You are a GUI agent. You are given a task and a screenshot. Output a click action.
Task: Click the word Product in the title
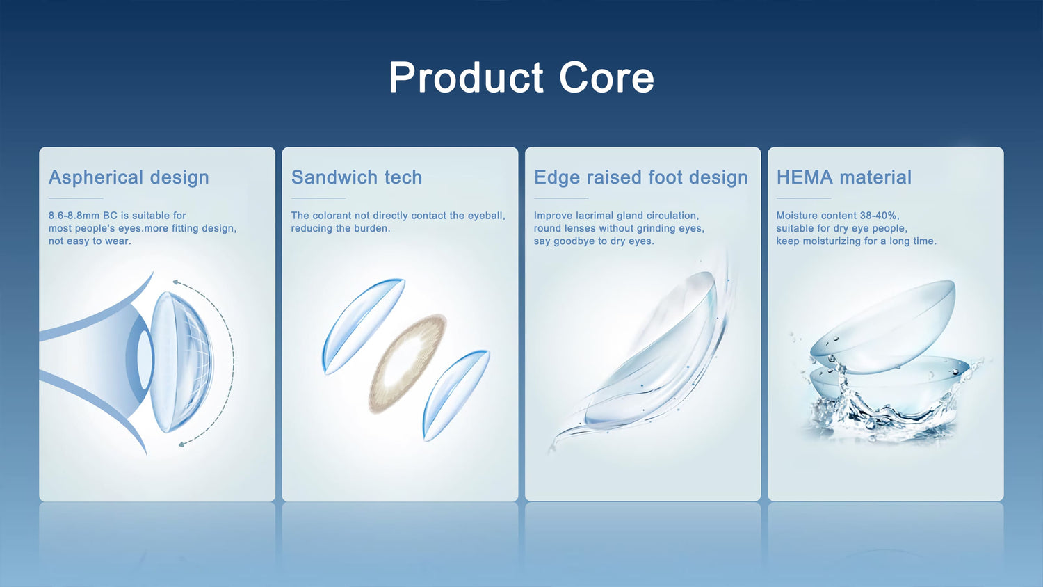tap(467, 77)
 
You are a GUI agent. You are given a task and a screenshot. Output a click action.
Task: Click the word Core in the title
tap(607, 77)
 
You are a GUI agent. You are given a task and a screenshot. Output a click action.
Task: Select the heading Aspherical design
tap(129, 177)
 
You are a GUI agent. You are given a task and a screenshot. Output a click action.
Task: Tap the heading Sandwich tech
tap(357, 177)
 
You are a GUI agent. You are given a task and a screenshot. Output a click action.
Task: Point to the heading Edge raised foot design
tap(640, 177)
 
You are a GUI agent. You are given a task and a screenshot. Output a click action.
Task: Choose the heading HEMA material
tap(843, 177)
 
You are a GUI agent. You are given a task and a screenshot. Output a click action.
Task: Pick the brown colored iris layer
tap(407, 363)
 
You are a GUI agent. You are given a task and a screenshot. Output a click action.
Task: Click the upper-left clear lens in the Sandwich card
tap(363, 326)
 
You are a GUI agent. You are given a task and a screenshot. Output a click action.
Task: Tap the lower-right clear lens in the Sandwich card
tap(456, 395)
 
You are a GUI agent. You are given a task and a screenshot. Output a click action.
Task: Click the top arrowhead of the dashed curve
tap(175, 282)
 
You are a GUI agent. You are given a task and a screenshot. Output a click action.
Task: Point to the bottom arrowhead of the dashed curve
tap(181, 444)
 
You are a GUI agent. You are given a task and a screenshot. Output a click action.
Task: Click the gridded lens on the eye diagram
tap(181, 362)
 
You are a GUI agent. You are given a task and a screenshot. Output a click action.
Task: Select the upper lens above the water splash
tap(882, 326)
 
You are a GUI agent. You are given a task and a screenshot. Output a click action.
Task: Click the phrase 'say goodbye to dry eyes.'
tap(594, 241)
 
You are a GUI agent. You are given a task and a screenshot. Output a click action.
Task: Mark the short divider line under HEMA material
tap(804, 198)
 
